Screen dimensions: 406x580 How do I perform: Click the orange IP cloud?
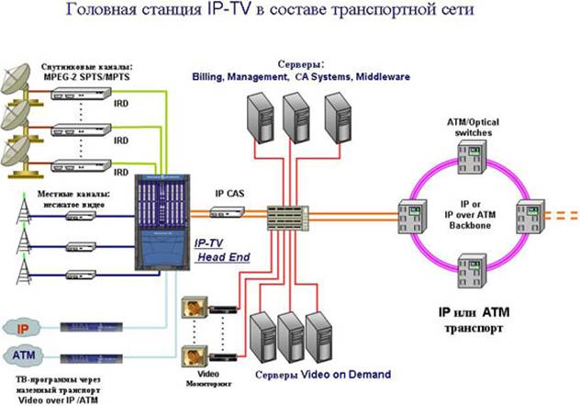27,327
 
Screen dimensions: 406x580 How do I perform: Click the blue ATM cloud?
27,353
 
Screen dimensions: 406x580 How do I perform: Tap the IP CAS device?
227,212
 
